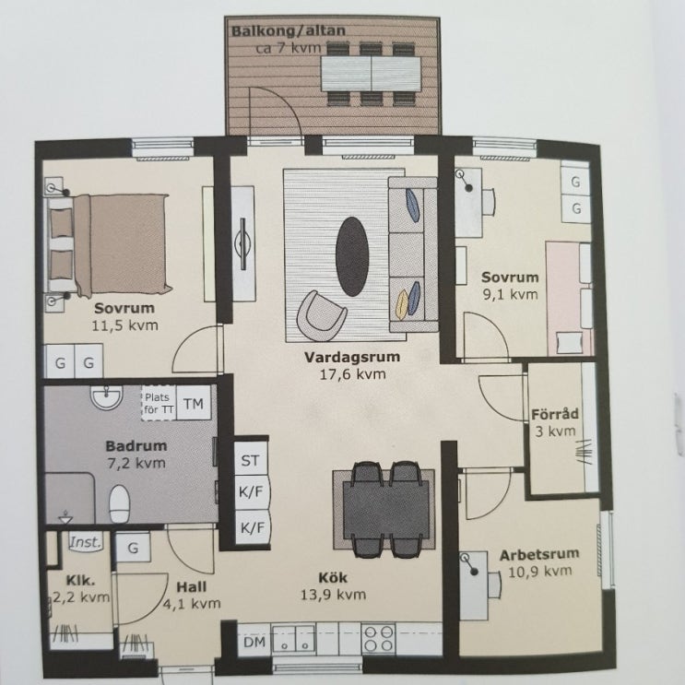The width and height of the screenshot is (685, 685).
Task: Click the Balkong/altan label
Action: pyautogui.click(x=288, y=31)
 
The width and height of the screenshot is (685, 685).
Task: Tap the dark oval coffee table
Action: pyautogui.click(x=352, y=256)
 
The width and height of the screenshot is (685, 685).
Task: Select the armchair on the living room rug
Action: pyautogui.click(x=320, y=315)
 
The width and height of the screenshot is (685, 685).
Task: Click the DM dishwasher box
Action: pyautogui.click(x=254, y=642)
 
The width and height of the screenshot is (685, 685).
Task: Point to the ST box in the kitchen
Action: pyautogui.click(x=251, y=459)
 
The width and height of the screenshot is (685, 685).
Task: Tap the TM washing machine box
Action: pyautogui.click(x=194, y=403)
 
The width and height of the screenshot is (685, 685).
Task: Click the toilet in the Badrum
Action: pyautogui.click(x=119, y=502)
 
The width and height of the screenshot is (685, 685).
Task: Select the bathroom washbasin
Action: pyautogui.click(x=106, y=397)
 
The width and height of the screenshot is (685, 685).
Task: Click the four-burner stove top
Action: pyautogui.click(x=379, y=638)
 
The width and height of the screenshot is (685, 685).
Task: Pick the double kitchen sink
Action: pyautogui.click(x=293, y=639)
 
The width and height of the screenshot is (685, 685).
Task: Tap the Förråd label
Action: pyautogui.click(x=555, y=414)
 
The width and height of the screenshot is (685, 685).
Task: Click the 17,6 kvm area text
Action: pyautogui.click(x=352, y=374)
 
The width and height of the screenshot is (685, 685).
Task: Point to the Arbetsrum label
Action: pyautogui.click(x=539, y=555)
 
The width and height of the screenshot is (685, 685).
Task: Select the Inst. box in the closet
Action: pyautogui.click(x=86, y=542)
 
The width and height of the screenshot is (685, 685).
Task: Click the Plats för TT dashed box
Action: pyautogui.click(x=159, y=403)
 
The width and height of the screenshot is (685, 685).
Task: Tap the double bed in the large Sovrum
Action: pyautogui.click(x=109, y=244)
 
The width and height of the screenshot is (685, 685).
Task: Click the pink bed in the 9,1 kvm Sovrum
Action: pyautogui.click(x=569, y=299)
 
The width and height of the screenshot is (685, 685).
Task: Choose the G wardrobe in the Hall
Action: pyautogui.click(x=134, y=548)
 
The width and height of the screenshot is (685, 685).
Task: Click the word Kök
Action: pyautogui.click(x=333, y=577)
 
